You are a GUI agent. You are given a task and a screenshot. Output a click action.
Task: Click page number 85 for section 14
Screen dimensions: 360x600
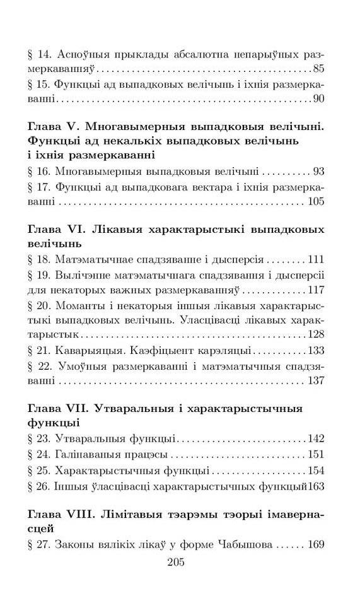pos(318,68)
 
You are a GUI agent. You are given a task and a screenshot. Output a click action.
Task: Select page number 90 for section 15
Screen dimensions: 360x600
pos(318,99)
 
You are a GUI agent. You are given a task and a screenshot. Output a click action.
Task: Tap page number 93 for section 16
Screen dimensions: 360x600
pos(318,171)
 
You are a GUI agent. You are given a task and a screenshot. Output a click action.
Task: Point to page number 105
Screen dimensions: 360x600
pos(315,201)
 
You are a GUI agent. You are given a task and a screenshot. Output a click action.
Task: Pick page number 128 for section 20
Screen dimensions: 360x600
pos(315,335)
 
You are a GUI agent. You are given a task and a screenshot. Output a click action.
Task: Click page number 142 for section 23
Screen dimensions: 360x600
pos(315,438)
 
